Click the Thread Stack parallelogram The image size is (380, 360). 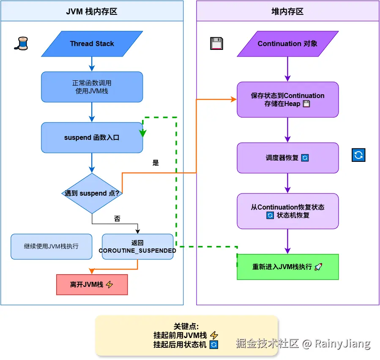[92, 44]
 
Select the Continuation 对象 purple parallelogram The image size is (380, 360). [287, 44]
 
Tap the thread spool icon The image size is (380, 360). [21, 44]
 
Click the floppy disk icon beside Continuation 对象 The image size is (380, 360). [216, 44]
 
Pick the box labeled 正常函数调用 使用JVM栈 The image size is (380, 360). [92, 87]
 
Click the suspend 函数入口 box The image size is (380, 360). [92, 138]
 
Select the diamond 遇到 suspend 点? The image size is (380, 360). [92, 193]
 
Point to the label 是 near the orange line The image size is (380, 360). [156, 163]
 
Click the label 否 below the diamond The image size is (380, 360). [117, 219]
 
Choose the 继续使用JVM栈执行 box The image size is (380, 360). [51, 246]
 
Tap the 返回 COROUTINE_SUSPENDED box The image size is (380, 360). [137, 247]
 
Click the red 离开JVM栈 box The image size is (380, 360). [92, 285]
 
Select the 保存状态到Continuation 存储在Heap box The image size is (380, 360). [287, 100]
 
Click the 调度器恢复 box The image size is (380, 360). [287, 158]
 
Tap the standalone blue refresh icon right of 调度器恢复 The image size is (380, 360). [358, 155]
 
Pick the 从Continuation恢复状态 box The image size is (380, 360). [287, 211]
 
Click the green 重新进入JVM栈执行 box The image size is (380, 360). [287, 267]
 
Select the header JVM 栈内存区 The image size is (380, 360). [92, 11]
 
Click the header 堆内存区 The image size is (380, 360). [287, 11]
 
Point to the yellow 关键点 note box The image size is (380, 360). [186, 335]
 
